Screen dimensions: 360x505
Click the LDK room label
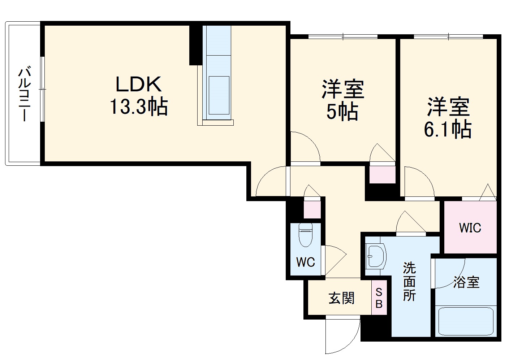tap(138, 84)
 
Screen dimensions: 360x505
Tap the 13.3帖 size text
tap(139, 107)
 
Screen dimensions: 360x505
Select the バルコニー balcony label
tap(24, 93)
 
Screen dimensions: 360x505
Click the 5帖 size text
tap(342, 112)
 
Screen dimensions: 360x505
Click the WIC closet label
tap(470, 228)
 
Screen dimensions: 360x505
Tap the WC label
tap(306, 262)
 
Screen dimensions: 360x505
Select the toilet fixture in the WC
tap(306, 234)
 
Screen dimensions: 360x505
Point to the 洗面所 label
tap(409, 282)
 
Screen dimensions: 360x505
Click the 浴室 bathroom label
tap(466, 282)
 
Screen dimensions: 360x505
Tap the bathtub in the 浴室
tap(466, 321)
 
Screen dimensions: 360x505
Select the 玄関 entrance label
tap(341, 298)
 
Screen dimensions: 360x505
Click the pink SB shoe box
tap(379, 298)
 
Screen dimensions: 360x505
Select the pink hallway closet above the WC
tap(312, 209)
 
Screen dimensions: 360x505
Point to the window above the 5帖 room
tap(343, 36)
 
